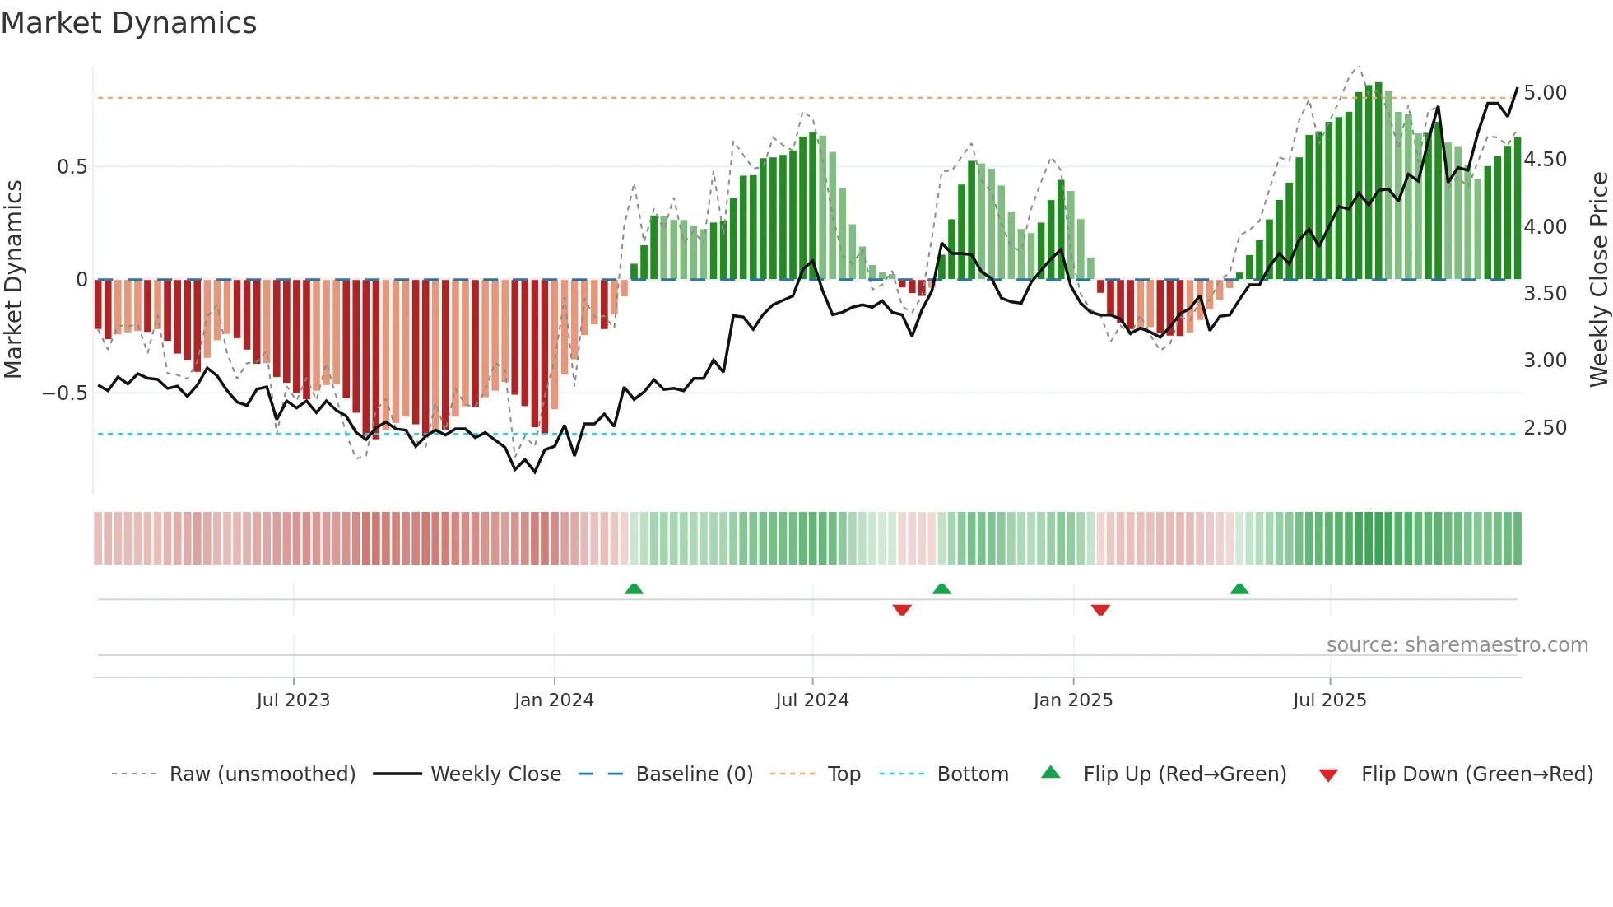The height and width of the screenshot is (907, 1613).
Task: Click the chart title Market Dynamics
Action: click(x=128, y=23)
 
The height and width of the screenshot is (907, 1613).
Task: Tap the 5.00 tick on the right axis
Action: click(x=1545, y=93)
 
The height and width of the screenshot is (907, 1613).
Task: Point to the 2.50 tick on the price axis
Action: click(x=1545, y=428)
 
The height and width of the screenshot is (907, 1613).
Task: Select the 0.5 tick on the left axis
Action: click(x=72, y=167)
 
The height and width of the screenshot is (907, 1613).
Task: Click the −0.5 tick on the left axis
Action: click(x=65, y=393)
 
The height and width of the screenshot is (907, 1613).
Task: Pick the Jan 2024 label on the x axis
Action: click(x=554, y=700)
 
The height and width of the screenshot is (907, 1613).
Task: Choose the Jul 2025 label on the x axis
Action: click(x=1329, y=700)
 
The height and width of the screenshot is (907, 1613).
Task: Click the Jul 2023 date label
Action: click(x=293, y=700)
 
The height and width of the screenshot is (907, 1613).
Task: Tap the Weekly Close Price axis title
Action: click(x=1598, y=280)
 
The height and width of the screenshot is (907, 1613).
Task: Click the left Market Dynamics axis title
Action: click(x=13, y=280)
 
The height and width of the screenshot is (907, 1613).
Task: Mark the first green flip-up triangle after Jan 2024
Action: click(x=634, y=589)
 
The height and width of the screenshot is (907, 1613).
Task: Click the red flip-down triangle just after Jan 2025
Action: click(x=1100, y=610)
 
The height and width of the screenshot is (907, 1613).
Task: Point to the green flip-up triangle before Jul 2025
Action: click(x=1239, y=589)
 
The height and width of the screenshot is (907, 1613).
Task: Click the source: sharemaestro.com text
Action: click(x=1457, y=645)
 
